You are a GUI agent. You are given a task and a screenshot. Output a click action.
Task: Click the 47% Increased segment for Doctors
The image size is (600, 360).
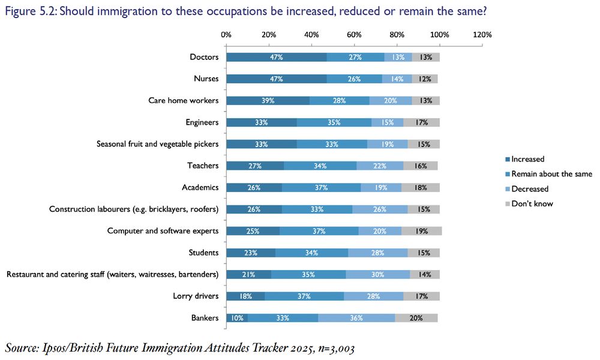tap(277, 57)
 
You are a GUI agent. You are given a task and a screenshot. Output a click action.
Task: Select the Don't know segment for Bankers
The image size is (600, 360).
tap(416, 318)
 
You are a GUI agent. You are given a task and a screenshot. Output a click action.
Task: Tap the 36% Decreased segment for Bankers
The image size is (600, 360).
tap(356, 318)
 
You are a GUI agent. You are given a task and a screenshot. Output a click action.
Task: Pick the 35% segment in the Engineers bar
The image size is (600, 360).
tap(334, 122)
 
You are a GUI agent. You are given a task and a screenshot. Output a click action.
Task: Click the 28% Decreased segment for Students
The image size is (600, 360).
tap(377, 253)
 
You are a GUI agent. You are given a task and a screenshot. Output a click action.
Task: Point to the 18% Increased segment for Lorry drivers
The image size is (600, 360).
tap(245, 296)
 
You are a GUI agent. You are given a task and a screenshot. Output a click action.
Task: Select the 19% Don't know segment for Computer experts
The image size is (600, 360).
tap(421, 231)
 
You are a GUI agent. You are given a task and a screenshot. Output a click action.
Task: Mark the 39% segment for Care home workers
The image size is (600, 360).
tap(268, 101)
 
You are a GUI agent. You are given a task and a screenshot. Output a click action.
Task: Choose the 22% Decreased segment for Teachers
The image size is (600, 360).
tap(380, 166)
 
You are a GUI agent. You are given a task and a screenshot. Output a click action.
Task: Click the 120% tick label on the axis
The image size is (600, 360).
tap(482, 35)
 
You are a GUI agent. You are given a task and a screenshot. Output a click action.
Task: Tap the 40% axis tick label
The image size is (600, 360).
tap(311, 35)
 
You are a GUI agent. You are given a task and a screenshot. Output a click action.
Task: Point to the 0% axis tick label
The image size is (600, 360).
tap(226, 35)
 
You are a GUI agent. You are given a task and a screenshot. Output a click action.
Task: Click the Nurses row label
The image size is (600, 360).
tap(206, 79)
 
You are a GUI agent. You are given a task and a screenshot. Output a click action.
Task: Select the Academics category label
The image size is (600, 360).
tap(200, 187)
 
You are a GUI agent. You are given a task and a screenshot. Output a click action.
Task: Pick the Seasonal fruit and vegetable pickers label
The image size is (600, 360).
tap(157, 144)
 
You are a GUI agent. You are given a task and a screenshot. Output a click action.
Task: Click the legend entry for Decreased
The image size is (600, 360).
tap(529, 188)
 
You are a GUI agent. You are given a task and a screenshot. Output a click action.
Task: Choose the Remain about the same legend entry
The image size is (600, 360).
tap(551, 174)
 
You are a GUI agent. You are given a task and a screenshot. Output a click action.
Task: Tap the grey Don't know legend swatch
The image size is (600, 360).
tap(507, 203)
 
